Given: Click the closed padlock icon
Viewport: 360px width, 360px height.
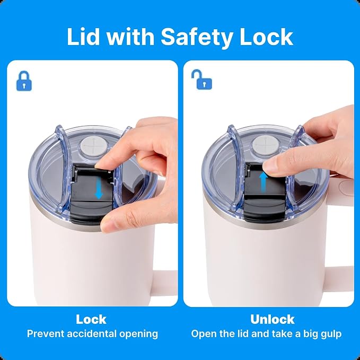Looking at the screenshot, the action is click(24, 81).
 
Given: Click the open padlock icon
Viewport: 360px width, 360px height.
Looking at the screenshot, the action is click(202, 80).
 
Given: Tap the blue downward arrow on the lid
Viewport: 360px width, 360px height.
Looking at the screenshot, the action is click(99, 189).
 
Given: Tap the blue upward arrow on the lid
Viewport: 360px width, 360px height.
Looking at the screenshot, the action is click(264, 182).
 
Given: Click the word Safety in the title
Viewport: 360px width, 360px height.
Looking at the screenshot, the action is click(197, 37).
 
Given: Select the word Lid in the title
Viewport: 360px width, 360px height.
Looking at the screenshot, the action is click(83, 37).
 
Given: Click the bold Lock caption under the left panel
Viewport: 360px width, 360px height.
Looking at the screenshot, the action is click(91, 319).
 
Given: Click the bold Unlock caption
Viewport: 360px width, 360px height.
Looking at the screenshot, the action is click(273, 319).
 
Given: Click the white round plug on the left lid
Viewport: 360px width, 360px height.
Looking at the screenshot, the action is click(94, 146).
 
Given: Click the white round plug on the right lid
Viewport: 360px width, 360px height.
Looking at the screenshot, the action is click(266, 145).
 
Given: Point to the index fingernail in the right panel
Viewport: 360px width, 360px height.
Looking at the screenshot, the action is click(269, 164).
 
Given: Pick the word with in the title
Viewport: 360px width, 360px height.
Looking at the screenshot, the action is click(130, 37).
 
